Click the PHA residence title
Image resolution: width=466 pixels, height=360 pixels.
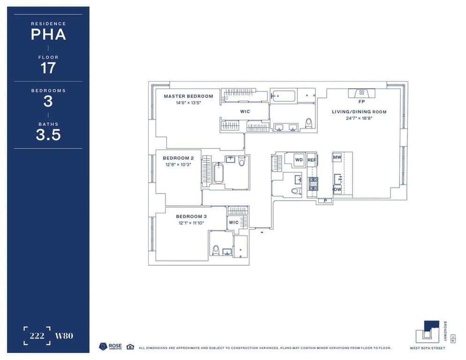48,34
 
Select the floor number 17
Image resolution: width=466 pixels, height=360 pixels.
48,68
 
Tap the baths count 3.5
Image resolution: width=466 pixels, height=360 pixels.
48,135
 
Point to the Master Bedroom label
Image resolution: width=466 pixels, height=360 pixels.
188,96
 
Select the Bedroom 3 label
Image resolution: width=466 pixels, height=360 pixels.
191,217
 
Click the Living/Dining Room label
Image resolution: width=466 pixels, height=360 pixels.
359,112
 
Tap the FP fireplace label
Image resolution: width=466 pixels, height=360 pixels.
361,101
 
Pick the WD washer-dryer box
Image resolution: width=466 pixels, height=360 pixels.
299,160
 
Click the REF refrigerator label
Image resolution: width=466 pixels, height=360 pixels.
312,160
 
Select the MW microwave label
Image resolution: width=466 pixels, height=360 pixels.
337,158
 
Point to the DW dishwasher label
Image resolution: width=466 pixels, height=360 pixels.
337,189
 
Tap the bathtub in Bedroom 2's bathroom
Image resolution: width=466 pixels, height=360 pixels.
218,173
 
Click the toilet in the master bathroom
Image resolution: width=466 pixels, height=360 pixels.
308,123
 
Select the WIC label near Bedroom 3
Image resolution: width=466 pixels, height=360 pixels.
233,222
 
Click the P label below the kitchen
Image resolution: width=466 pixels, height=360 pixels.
325,201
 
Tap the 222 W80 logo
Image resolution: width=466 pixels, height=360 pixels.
48,336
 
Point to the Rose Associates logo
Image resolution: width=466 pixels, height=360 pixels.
111,346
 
